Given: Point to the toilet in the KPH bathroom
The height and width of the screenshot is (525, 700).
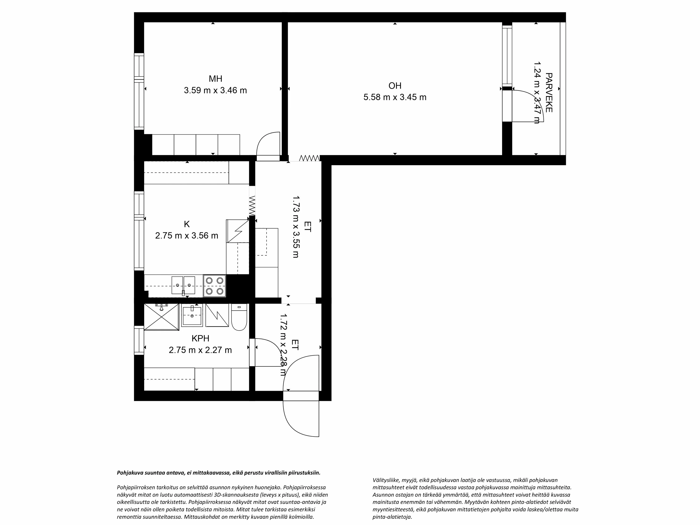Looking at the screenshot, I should (x=239, y=317).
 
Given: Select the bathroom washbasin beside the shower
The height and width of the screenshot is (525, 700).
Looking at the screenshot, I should (x=192, y=316).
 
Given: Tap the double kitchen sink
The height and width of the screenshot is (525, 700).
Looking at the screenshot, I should (x=183, y=285).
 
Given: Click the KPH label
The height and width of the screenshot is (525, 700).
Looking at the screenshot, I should (x=200, y=338).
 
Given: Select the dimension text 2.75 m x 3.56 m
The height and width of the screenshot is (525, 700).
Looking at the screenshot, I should (x=186, y=236).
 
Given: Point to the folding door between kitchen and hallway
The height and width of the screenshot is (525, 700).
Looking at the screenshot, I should (x=252, y=206).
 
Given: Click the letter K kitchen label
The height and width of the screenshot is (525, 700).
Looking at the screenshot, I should (x=187, y=224).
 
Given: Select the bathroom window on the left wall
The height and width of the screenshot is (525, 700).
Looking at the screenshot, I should (x=139, y=340).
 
